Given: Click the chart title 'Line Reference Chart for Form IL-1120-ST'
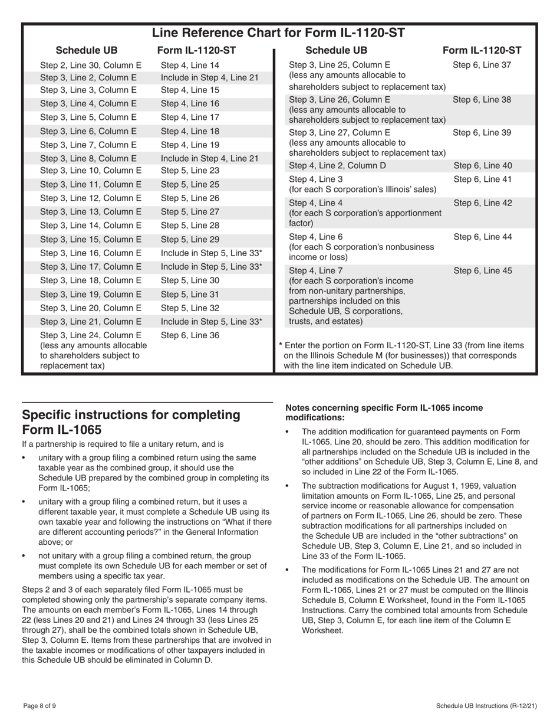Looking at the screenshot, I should click(278, 32).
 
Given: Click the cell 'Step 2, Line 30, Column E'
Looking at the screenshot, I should click(91, 66).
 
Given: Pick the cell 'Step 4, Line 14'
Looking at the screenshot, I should click(190, 66).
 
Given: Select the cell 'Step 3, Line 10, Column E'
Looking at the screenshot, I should click(91, 171).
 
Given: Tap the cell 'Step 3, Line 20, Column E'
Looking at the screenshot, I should click(91, 308).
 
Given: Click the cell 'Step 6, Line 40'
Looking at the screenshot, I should click(482, 166).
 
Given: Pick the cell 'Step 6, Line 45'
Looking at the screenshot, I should click(482, 272).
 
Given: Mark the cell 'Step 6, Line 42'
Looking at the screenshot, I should click(482, 202).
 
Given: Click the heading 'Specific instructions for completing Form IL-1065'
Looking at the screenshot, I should click(131, 421).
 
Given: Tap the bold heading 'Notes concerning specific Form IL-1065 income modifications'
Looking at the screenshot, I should click(384, 412).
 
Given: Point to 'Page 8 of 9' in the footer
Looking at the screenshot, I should click(40, 706).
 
